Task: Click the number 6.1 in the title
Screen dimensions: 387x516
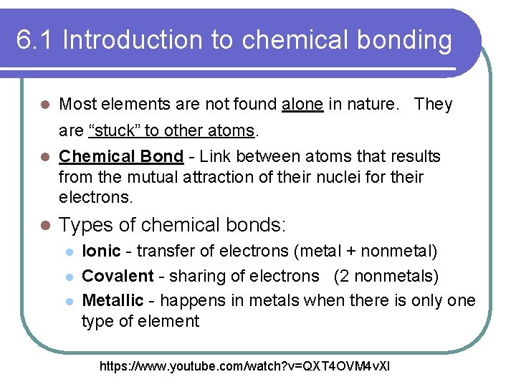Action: [35, 41]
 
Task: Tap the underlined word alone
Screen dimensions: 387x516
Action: [302, 105]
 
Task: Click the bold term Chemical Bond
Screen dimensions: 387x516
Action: [121, 156]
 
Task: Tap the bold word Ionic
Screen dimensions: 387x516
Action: [102, 251]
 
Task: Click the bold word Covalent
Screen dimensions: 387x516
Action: [118, 276]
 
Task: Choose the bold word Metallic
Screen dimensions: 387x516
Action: [114, 300]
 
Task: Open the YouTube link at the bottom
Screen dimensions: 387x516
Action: [246, 367]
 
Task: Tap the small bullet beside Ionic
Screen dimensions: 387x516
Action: [68, 252]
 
